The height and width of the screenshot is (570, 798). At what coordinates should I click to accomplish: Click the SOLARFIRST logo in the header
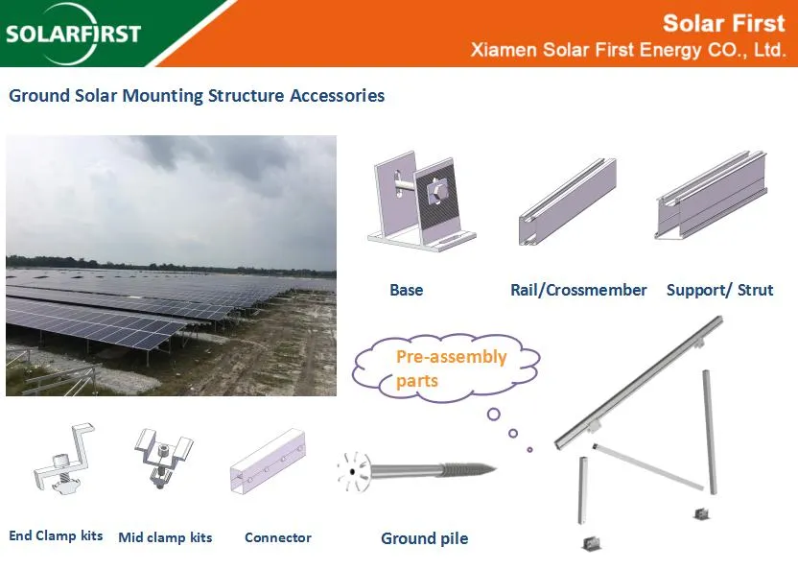(73, 34)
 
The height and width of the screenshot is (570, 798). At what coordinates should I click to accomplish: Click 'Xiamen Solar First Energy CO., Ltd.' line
(628, 50)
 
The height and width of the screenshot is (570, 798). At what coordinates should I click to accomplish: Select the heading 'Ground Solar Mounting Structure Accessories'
(197, 96)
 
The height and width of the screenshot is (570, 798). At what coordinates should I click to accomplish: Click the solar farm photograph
(171, 265)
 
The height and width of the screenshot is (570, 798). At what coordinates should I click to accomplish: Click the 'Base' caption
(406, 290)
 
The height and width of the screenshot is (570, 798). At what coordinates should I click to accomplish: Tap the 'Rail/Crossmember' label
(578, 290)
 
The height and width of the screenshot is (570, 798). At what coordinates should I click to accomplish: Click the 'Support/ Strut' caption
(719, 290)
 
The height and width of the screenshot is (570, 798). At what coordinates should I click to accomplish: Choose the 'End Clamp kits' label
(56, 536)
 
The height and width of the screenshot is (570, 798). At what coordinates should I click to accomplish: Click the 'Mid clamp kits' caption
(165, 537)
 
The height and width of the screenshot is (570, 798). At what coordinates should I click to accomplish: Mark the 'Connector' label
(278, 537)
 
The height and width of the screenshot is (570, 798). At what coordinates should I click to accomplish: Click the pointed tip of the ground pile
(495, 469)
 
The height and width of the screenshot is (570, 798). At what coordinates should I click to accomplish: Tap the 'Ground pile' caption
(425, 538)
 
